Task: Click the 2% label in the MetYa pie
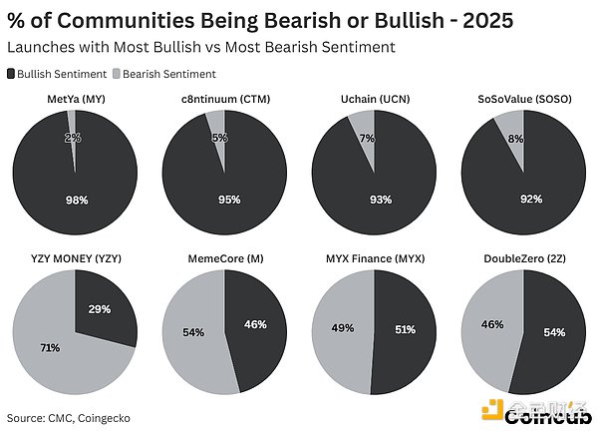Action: click(x=74, y=138)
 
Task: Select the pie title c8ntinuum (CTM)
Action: click(x=224, y=98)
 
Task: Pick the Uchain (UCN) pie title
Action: click(x=373, y=98)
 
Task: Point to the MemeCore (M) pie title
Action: click(x=224, y=258)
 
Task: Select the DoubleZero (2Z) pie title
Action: click(x=522, y=258)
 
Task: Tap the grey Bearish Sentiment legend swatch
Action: click(x=115, y=74)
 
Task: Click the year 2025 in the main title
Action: click(x=477, y=20)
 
